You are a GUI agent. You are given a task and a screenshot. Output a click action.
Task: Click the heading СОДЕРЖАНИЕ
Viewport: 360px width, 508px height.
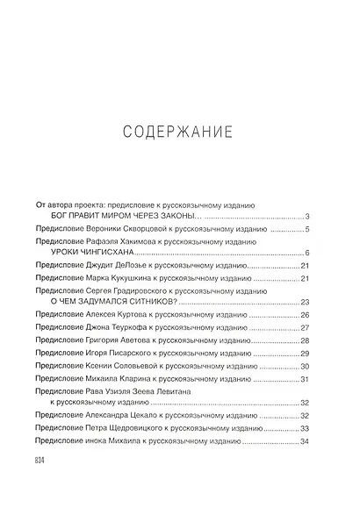[178, 132]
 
